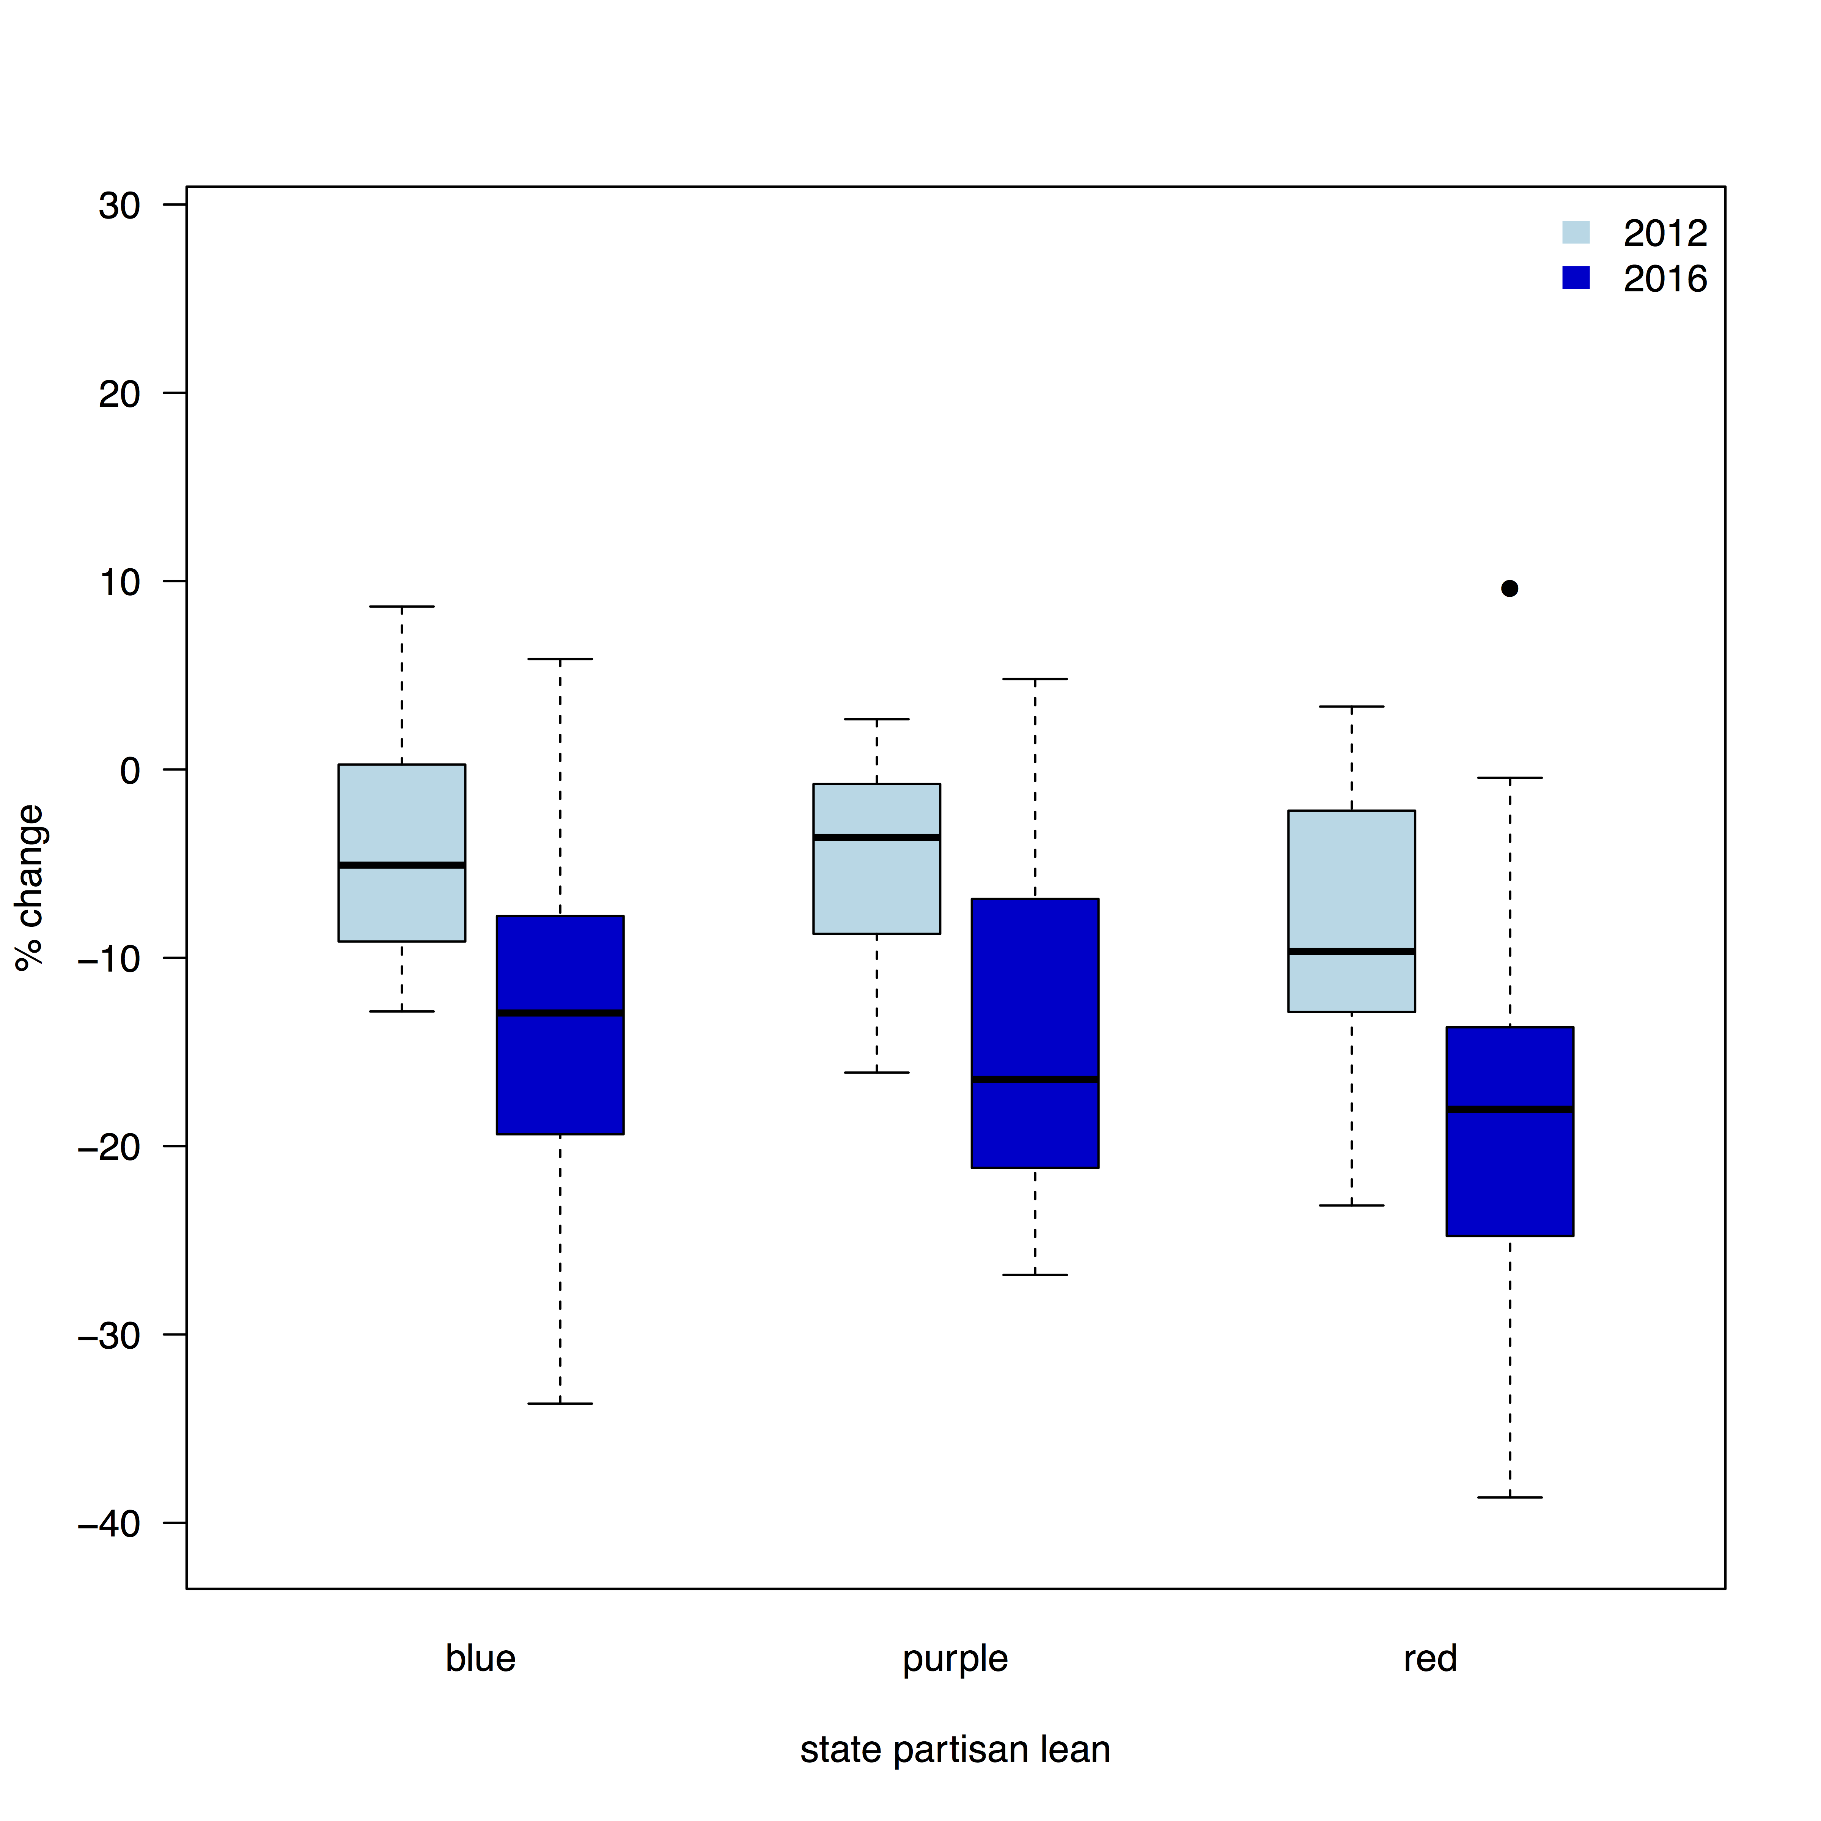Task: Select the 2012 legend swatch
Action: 1576,232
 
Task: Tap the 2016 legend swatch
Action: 1576,278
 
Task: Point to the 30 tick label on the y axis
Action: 120,206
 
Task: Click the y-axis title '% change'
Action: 30,887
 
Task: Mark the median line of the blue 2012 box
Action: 401,865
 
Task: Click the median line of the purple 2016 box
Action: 1035,1079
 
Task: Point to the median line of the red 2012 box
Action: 1352,951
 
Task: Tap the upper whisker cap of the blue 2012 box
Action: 401,606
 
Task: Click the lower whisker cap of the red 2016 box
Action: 1510,1497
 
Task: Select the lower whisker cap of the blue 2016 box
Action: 560,1403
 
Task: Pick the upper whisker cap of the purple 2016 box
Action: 1035,679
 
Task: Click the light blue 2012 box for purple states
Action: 877,859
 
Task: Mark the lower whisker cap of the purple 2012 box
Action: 877,1072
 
